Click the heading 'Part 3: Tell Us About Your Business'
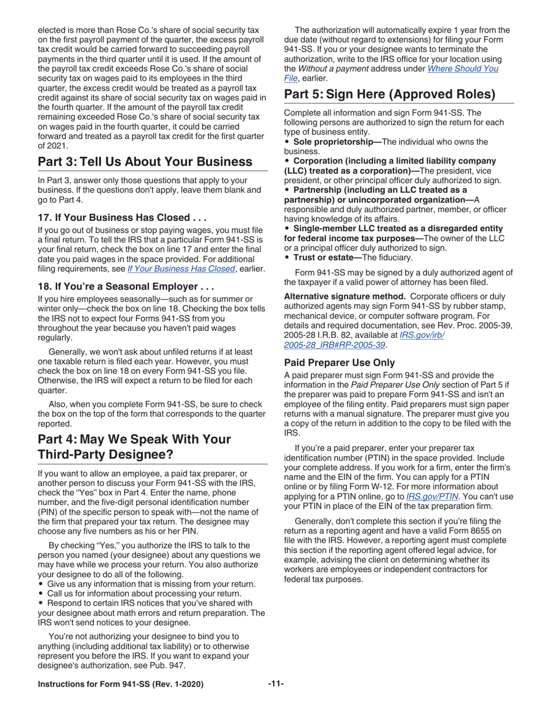pos(145,162)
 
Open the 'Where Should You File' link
pos(463,69)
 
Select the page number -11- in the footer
pos(275,684)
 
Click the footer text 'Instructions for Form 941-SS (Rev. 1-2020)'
pos(120,684)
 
